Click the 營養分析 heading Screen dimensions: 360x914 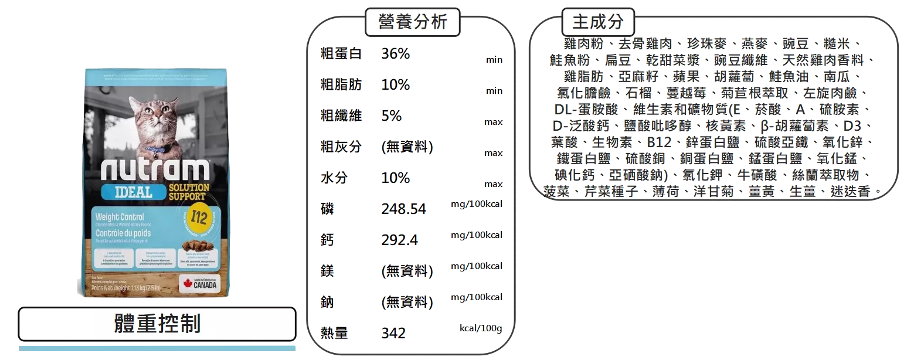413,22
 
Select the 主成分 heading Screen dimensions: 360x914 598,22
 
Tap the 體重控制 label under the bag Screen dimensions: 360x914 157,324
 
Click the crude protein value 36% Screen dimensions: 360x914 396,54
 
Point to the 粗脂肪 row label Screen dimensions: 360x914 341,84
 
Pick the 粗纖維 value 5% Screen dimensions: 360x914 392,116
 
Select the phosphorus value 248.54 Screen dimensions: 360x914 403,209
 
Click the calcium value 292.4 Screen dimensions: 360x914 399,240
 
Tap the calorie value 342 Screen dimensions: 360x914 393,333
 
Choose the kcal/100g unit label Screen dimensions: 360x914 480,328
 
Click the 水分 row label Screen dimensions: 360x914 333,178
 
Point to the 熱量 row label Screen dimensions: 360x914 334,333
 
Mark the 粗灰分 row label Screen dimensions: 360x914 341,147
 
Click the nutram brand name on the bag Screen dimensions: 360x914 155,169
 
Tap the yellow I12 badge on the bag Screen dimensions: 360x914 198,215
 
